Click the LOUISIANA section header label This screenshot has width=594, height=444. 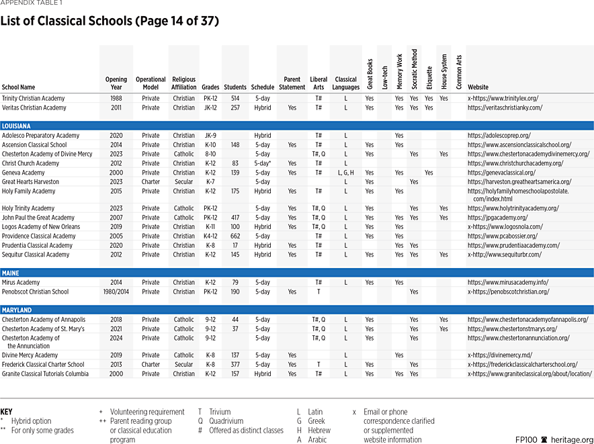coord(17,126)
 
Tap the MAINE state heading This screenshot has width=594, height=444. coord(11,273)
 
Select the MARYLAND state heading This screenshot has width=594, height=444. coord(17,310)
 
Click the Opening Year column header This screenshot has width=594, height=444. coord(116,83)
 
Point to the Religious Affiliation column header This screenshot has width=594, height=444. coord(183,83)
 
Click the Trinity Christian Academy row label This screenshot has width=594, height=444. coord(34,99)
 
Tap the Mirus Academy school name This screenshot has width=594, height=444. coord(21,283)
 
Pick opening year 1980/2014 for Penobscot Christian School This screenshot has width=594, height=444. coord(116,292)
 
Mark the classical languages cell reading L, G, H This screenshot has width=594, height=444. coord(345,173)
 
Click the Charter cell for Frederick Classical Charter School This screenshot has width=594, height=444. coord(151,365)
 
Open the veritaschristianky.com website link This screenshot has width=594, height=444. coord(505,108)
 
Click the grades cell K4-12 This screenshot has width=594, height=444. coord(210,236)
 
